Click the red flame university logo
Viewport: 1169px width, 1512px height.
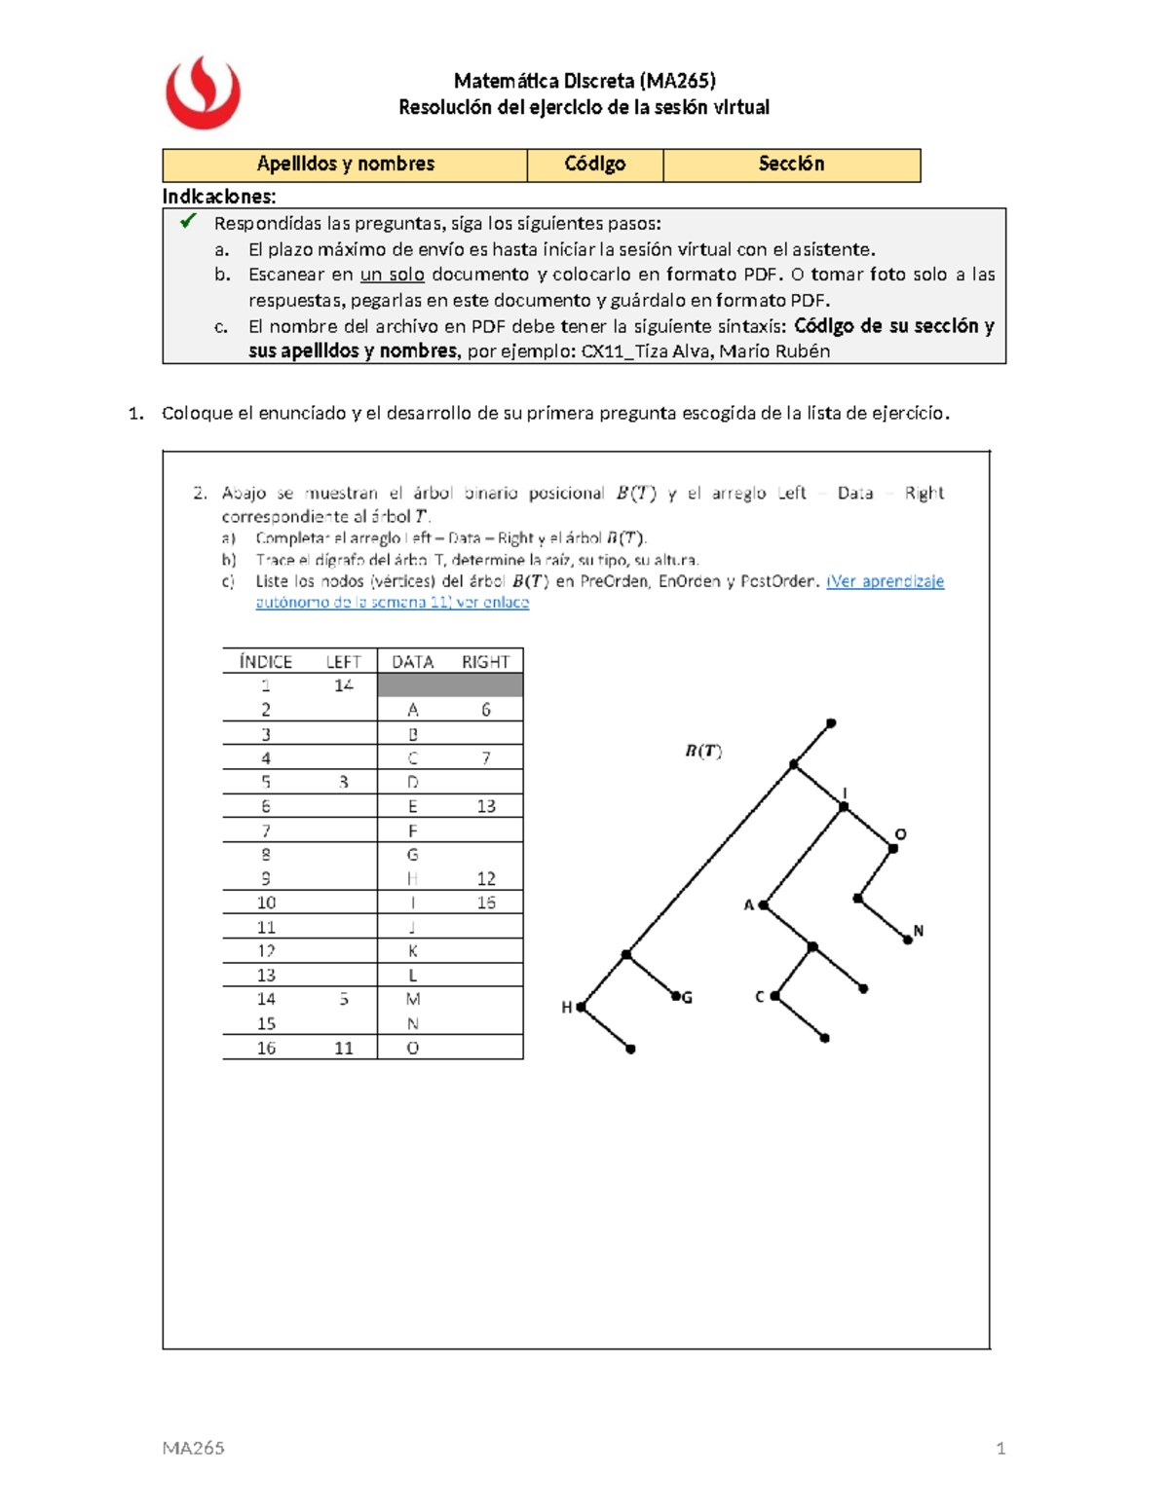[203, 92]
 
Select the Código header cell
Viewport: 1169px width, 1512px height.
[594, 165]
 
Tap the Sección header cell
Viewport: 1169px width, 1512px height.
[791, 165]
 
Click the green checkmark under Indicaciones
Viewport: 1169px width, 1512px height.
[188, 221]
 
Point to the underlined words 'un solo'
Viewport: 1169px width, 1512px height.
[392, 275]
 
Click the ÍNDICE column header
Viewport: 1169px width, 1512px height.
[265, 661]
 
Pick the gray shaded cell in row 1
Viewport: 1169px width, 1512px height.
[450, 685]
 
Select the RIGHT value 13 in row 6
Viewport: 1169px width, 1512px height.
[486, 806]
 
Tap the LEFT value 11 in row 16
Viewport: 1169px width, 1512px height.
[343, 1048]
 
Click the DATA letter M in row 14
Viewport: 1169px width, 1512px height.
[413, 999]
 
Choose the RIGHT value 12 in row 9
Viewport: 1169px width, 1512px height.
[486, 878]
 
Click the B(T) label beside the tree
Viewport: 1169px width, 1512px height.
[702, 751]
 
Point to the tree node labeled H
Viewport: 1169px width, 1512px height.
[581, 1007]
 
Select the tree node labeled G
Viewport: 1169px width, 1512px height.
[675, 996]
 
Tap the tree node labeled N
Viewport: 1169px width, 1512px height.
[907, 940]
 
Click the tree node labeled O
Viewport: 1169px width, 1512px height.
[893, 848]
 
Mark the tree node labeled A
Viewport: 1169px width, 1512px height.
[764, 905]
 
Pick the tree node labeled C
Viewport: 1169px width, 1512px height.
[774, 996]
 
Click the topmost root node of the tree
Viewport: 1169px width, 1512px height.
[831, 723]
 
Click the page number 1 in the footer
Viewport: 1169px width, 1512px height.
[1000, 1448]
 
